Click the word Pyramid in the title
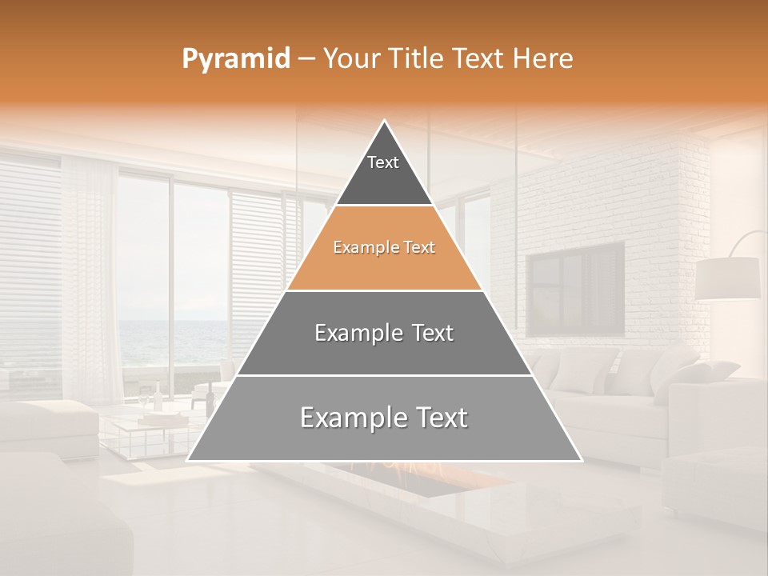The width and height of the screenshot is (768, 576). click(x=235, y=59)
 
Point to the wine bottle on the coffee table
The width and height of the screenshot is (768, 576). click(x=158, y=397)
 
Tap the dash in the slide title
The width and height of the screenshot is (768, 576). click(x=306, y=59)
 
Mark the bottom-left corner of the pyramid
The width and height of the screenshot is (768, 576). click(x=188, y=460)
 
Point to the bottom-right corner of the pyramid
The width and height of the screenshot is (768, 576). click(x=582, y=460)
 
